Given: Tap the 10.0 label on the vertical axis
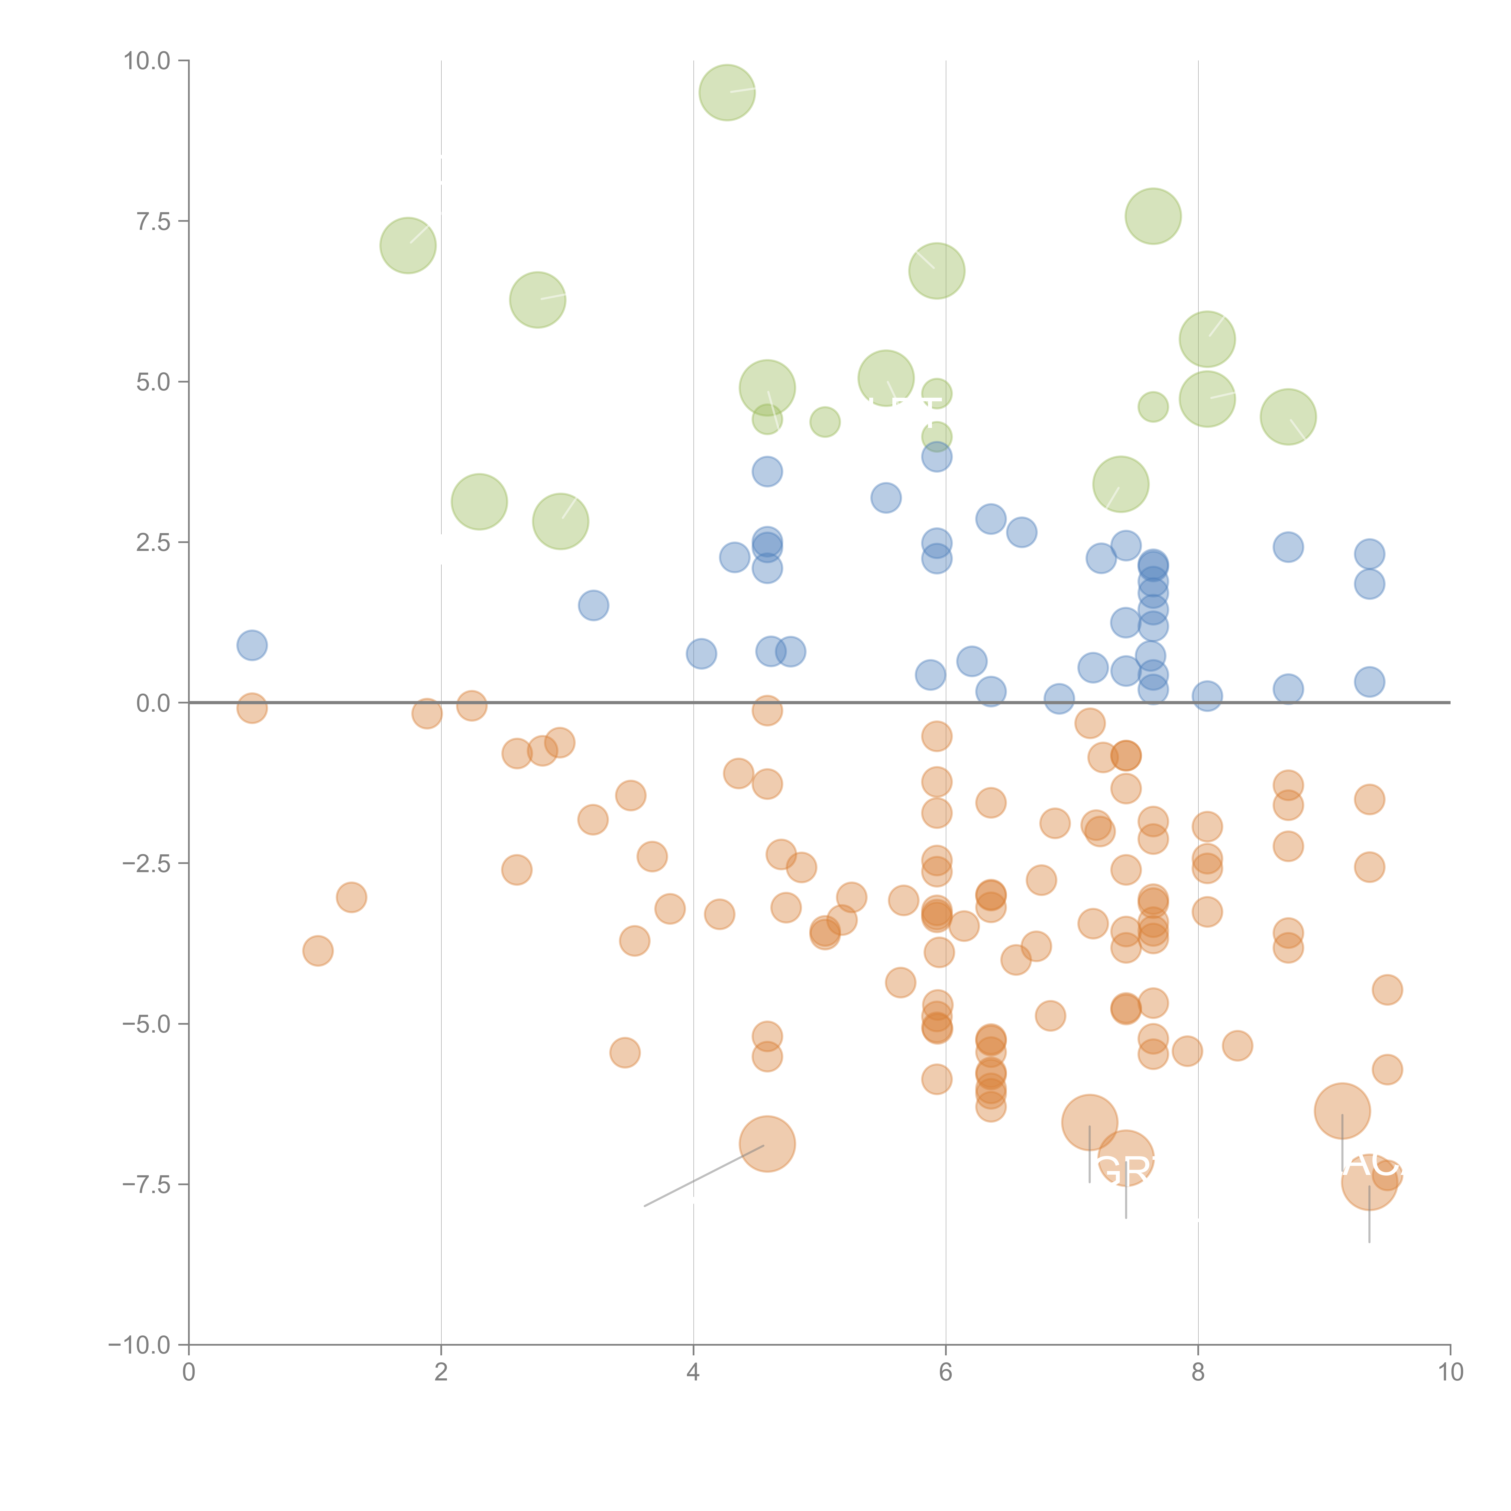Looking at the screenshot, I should click(x=147, y=61).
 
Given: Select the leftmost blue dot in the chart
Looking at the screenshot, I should click(x=252, y=645).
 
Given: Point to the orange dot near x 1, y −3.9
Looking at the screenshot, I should click(x=318, y=951).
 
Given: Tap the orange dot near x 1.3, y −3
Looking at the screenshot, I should click(x=351, y=897).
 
